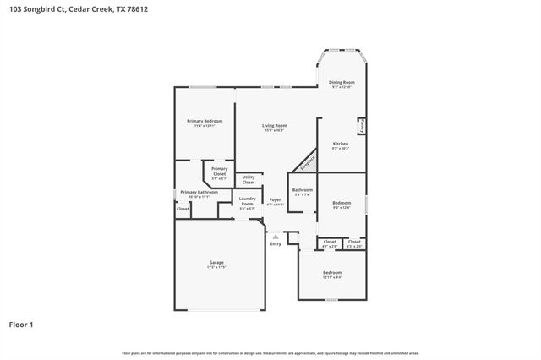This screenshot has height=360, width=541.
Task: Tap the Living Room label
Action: coord(274,127)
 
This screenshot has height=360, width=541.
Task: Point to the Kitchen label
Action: coord(340,145)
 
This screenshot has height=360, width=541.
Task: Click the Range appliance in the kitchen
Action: coord(361,125)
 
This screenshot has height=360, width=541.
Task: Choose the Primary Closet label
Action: coord(219,173)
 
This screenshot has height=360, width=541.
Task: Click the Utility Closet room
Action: coord(249,180)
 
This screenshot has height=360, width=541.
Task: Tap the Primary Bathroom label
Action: coord(199,194)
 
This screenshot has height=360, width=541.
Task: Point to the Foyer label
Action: coord(276,201)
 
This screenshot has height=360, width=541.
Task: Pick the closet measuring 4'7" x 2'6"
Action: coord(329,243)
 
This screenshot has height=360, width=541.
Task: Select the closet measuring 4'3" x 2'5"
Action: coord(354,243)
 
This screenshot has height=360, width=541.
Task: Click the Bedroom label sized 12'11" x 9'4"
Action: coord(332,274)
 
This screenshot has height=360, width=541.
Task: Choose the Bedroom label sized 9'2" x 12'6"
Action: coord(342,205)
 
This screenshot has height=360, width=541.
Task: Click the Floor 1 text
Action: coord(21,324)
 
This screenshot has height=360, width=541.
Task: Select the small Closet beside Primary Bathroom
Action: coord(183,208)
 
